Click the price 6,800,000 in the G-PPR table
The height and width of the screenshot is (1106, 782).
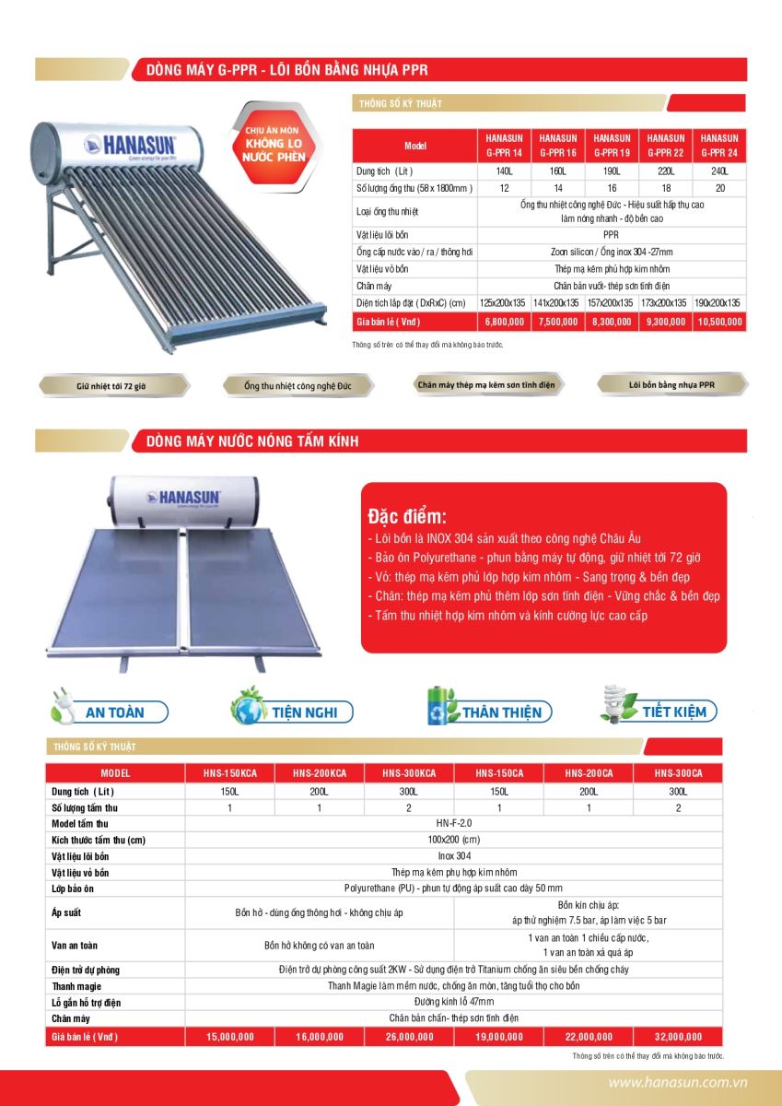504,322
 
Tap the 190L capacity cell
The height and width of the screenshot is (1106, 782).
612,171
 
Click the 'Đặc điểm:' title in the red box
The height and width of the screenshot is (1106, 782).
406,515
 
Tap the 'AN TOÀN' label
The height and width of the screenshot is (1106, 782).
113,712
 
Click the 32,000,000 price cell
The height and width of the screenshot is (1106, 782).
678,1037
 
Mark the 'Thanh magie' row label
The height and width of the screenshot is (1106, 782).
76,986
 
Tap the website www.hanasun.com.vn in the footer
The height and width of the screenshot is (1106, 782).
677,1084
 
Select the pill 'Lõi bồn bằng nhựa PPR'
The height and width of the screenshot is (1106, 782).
671,384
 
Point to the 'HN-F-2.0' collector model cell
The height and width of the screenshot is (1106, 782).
454,823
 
